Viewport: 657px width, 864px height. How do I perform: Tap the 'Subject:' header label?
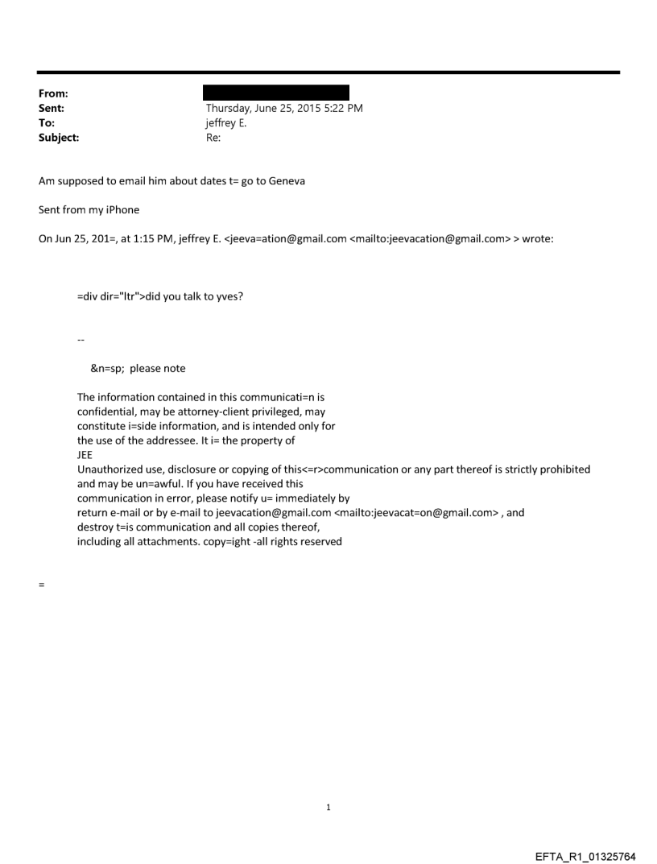58,138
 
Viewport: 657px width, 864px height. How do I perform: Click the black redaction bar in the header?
277,93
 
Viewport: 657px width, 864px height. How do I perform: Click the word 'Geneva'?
286,180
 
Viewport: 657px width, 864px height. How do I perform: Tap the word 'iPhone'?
121,209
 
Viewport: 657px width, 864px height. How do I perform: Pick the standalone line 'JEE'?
85,454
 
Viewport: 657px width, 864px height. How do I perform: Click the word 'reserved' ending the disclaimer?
321,541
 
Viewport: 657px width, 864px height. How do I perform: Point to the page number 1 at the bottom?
328,806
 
